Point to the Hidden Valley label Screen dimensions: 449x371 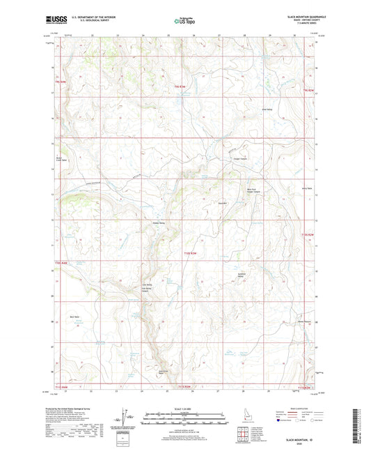(159, 223)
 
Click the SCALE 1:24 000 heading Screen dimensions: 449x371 (184, 408)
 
